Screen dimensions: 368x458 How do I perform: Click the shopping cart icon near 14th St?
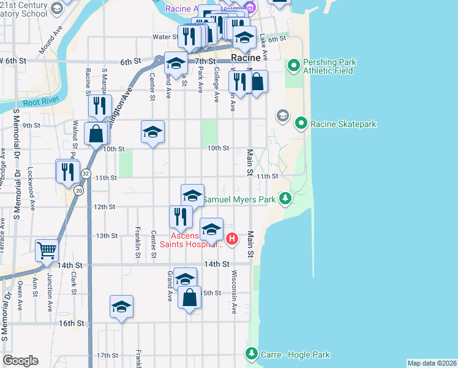pyautogui.click(x=46, y=250)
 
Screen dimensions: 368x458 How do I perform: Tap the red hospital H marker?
pyautogui.click(x=231, y=239)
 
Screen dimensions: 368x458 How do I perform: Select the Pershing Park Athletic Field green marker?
pyautogui.click(x=293, y=64)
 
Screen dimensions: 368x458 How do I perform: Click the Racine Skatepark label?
pyautogui.click(x=343, y=124)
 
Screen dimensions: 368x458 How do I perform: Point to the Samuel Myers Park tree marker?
pyautogui.click(x=285, y=198)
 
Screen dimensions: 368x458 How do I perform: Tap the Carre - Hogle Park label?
pyautogui.click(x=296, y=355)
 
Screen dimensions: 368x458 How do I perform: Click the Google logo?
pyautogui.click(x=20, y=361)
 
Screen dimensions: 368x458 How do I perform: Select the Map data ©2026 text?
pyautogui.click(x=432, y=363)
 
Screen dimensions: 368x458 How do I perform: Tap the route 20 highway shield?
pyautogui.click(x=78, y=191)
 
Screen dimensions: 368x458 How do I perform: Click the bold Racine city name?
pyautogui.click(x=246, y=58)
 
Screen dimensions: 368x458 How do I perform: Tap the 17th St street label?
pyautogui.click(x=107, y=355)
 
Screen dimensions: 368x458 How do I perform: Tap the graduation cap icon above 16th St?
pyautogui.click(x=121, y=307)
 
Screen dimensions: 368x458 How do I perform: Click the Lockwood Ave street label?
pyautogui.click(x=30, y=178)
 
